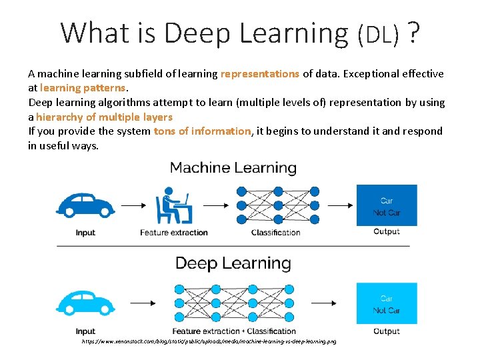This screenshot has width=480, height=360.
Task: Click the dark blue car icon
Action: coord(85,205)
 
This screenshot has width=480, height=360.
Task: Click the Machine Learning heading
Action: coord(233,167)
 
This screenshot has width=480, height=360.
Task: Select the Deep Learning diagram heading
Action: coord(233,263)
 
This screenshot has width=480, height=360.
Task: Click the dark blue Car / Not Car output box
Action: coord(387,206)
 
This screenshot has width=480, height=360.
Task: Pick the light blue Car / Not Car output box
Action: coord(387,303)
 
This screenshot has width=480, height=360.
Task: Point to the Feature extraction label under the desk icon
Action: coord(174,233)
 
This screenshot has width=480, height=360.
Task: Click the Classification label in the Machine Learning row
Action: coord(275,233)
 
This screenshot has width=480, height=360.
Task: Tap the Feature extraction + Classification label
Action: coord(234,331)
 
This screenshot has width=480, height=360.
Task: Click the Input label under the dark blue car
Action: coord(85,233)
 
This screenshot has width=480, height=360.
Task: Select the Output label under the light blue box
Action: coord(387,331)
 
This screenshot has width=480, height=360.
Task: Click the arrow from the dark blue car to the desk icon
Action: coord(133,205)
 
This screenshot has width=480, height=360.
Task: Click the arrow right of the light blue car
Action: coord(133,303)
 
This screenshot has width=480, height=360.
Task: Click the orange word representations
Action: coord(260,74)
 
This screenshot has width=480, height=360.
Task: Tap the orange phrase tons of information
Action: coord(202,131)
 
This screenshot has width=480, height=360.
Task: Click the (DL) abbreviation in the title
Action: coord(379,33)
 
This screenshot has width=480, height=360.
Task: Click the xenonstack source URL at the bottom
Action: coord(209,341)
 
